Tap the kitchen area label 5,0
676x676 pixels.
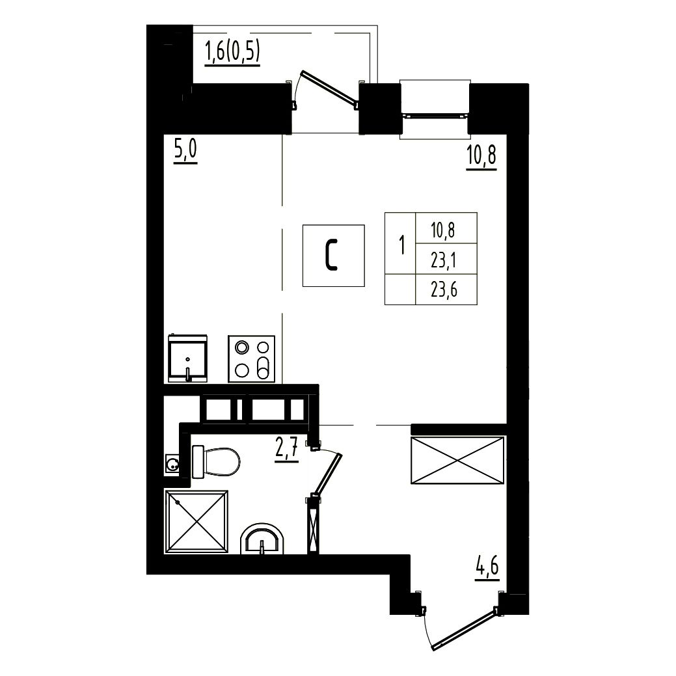tap(185, 152)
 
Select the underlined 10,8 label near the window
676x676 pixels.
tap(481, 157)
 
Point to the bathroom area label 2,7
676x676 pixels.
tap(287, 450)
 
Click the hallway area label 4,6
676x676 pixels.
tap(487, 568)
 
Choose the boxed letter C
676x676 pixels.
tap(333, 256)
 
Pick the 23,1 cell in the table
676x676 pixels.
tap(446, 259)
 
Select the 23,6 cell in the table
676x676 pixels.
tap(446, 290)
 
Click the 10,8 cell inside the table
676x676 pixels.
tap(446, 228)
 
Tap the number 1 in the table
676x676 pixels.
tap(402, 245)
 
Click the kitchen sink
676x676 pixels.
tap(187, 358)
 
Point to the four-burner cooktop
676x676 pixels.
tap(252, 358)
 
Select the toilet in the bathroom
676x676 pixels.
tap(215, 462)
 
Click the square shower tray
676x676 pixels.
tap(196, 522)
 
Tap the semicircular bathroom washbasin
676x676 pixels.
tap(262, 539)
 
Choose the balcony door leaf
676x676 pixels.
tap(330, 88)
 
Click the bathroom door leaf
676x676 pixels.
tap(329, 474)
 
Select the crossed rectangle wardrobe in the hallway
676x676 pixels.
tap(457, 460)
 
